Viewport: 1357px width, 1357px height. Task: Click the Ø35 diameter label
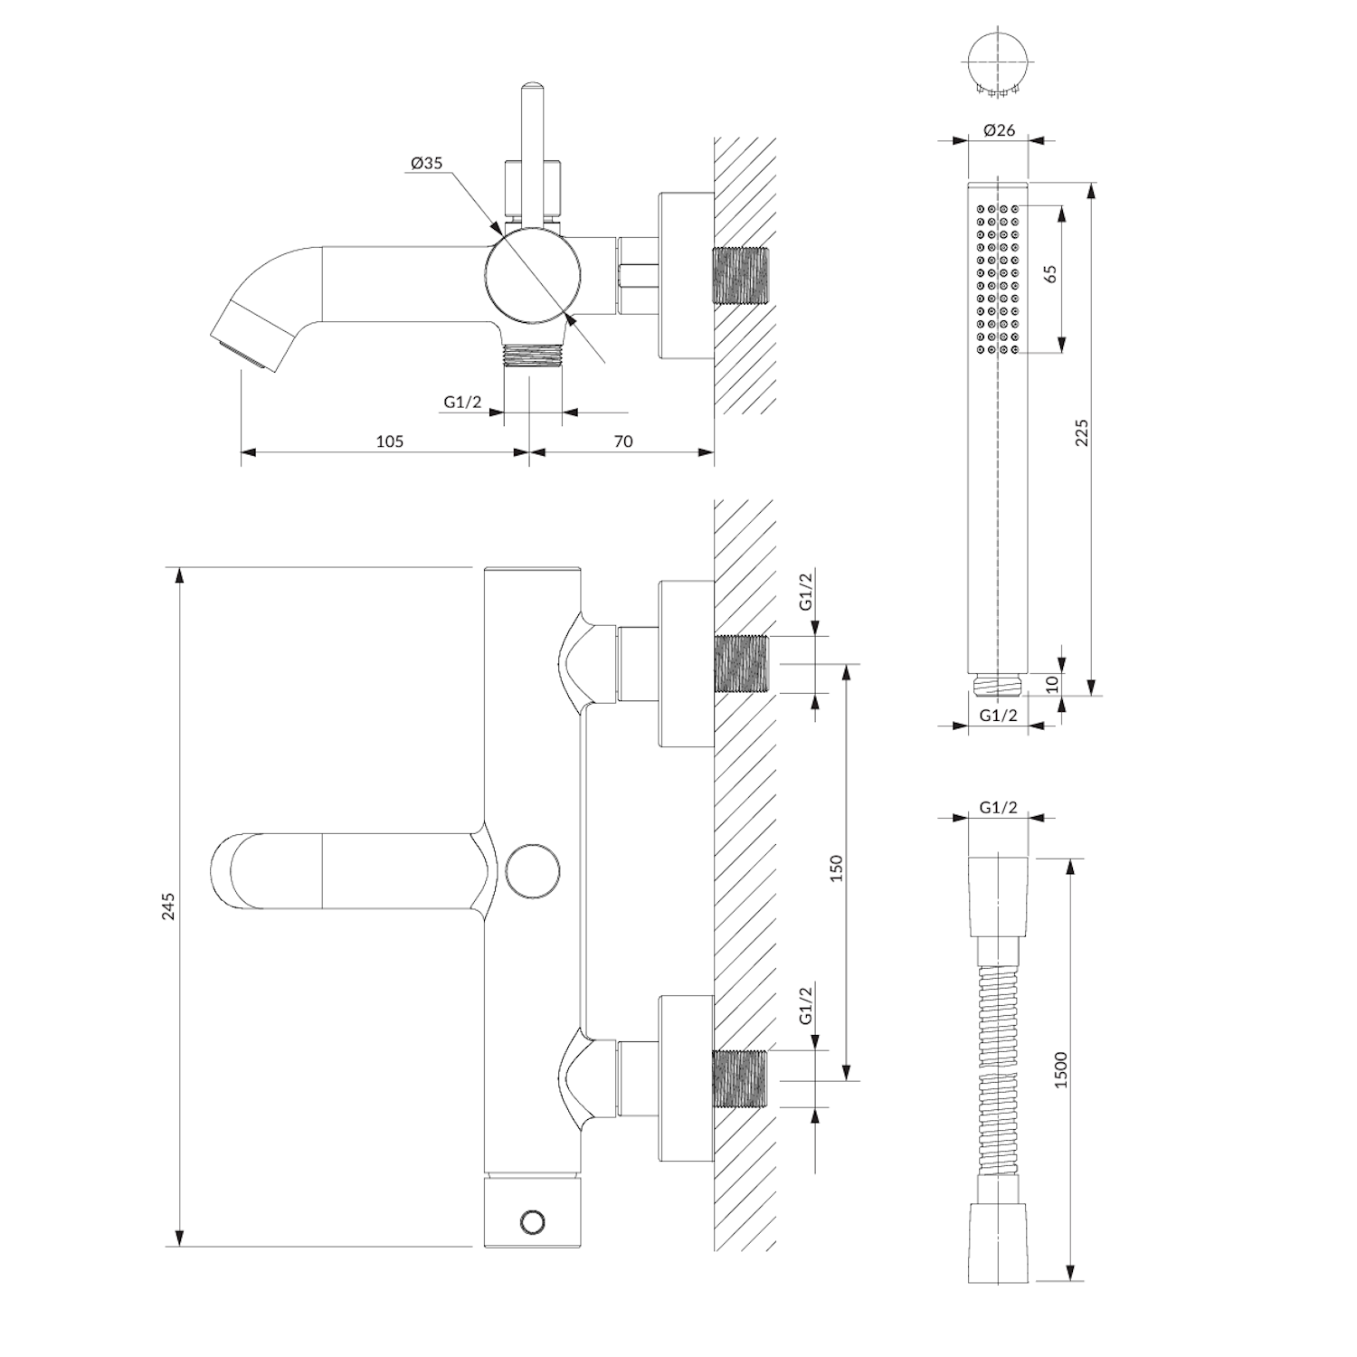(x=426, y=164)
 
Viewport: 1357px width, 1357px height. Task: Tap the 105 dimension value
(x=389, y=441)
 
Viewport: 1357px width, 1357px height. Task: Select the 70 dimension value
(x=623, y=441)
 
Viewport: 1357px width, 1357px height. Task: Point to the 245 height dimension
(x=168, y=906)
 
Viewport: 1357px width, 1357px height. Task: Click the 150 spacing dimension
(x=836, y=868)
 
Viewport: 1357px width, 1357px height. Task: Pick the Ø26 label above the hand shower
(x=998, y=130)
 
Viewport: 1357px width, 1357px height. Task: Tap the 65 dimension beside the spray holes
(x=1050, y=274)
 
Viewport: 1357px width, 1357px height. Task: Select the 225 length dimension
(x=1082, y=432)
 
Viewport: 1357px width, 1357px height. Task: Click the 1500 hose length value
(x=1061, y=1069)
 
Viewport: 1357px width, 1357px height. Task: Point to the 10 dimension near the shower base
(x=1051, y=684)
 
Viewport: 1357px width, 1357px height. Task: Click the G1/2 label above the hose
(x=998, y=808)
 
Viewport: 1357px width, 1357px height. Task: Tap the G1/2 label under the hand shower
(x=998, y=715)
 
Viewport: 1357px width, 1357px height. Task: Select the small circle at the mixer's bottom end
(x=533, y=1222)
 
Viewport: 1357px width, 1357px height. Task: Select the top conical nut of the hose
(x=998, y=896)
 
